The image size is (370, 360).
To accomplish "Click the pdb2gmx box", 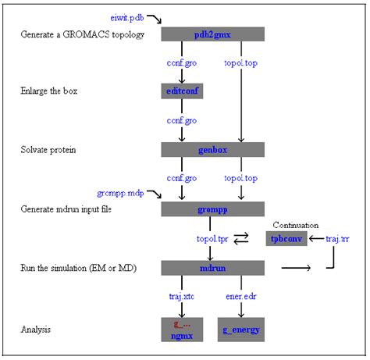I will tap(212, 34).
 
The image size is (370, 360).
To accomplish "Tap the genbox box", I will tap(212, 149).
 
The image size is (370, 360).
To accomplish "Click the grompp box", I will tap(212, 209).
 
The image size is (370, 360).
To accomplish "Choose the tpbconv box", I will tap(286, 238).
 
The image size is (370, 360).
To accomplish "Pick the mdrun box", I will tap(212, 268).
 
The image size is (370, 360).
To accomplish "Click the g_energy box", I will tap(241, 330).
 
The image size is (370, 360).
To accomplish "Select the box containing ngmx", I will tap(182, 330).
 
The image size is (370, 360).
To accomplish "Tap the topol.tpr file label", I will tap(212, 238).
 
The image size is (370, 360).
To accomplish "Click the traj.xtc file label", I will tap(182, 297).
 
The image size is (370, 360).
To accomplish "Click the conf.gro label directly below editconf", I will tap(182, 120).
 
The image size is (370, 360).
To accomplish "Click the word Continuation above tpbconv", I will tap(297, 224).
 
